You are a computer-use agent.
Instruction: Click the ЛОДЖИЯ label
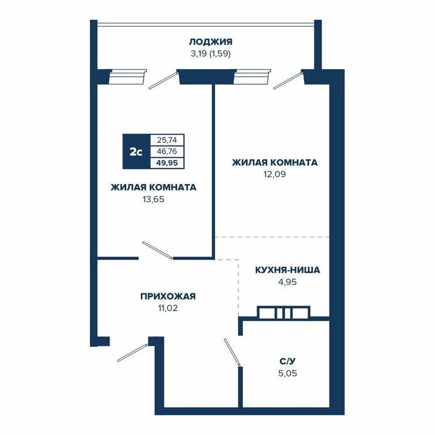pyautogui.click(x=211, y=42)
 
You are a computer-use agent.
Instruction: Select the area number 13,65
pyautogui.click(x=153, y=199)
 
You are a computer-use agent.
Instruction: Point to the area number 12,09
pyautogui.click(x=275, y=174)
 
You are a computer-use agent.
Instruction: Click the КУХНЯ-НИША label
pyautogui.click(x=287, y=270)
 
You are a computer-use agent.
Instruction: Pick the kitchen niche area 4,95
pyautogui.click(x=287, y=282)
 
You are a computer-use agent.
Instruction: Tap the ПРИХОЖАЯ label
pyautogui.click(x=168, y=296)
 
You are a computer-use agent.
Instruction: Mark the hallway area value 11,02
pyautogui.click(x=168, y=308)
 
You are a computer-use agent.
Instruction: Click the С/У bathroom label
pyautogui.click(x=287, y=361)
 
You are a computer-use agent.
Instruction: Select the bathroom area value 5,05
pyautogui.click(x=287, y=373)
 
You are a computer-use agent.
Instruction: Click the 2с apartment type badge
pyautogui.click(x=136, y=151)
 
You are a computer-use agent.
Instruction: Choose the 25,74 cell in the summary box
pyautogui.click(x=167, y=140)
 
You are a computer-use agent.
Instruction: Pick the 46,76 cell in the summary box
pyautogui.click(x=167, y=151)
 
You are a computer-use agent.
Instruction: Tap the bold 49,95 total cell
pyautogui.click(x=167, y=163)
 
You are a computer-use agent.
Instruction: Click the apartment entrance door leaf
pyautogui.click(x=132, y=353)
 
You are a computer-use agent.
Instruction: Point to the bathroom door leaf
pyautogui.click(x=232, y=352)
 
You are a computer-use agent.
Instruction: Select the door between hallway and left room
pyautogui.click(x=157, y=250)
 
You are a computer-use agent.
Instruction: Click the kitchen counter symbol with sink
pyautogui.click(x=284, y=313)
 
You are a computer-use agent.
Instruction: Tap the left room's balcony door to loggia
pyautogui.click(x=163, y=81)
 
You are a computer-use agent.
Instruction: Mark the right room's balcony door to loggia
pyautogui.click(x=288, y=81)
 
